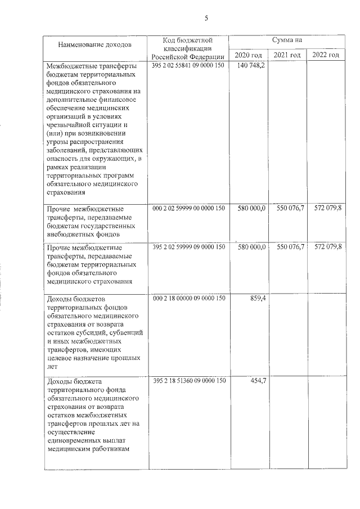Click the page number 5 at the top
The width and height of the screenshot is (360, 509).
click(x=206, y=18)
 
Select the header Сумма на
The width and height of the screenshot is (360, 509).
click(x=287, y=40)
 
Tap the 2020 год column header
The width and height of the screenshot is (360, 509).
click(x=248, y=55)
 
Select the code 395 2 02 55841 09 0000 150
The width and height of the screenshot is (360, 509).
click(x=188, y=66)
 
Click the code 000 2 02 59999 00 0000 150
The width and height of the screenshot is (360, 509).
click(x=188, y=208)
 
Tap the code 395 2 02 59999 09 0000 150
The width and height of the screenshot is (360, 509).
click(x=188, y=247)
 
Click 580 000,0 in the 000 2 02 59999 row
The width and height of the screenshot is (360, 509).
click(x=251, y=208)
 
